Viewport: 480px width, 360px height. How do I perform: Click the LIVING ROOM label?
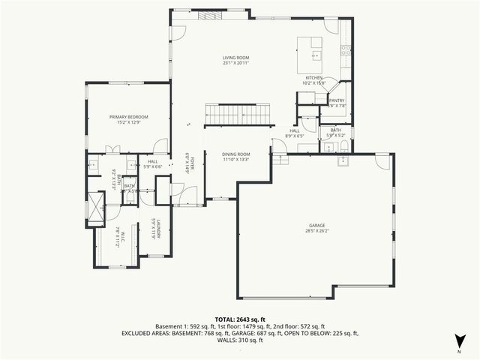[x=235, y=58]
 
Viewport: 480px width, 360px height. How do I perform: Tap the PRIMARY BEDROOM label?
[x=128, y=117]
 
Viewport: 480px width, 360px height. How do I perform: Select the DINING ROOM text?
[x=235, y=153]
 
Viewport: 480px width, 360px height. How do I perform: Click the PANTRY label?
[x=337, y=100]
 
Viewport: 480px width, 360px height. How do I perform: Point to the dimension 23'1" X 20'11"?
[x=235, y=64]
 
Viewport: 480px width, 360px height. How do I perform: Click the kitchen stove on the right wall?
[x=346, y=51]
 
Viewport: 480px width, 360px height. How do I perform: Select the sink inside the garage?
[x=343, y=160]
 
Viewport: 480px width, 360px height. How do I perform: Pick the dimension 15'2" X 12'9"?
[x=128, y=123]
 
